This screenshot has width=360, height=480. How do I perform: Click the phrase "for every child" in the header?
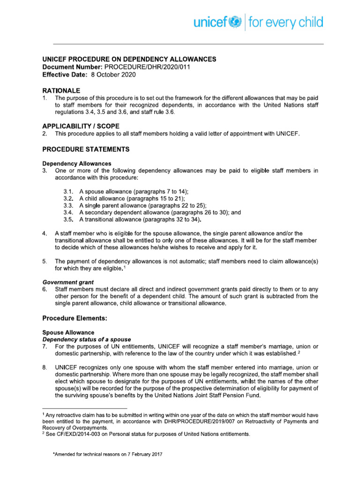point(285,22)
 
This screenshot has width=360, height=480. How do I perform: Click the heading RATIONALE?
point(61,90)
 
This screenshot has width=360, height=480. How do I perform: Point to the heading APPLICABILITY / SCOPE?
point(81,126)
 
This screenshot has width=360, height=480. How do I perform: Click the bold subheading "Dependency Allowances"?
point(77,164)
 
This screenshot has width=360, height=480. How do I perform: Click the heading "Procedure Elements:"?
point(75,318)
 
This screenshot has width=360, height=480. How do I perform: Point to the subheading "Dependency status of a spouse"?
point(87,339)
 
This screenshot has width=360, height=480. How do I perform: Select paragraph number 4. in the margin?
point(45,233)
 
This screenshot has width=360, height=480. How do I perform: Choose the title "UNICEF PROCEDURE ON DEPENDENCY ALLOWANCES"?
point(129,60)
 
